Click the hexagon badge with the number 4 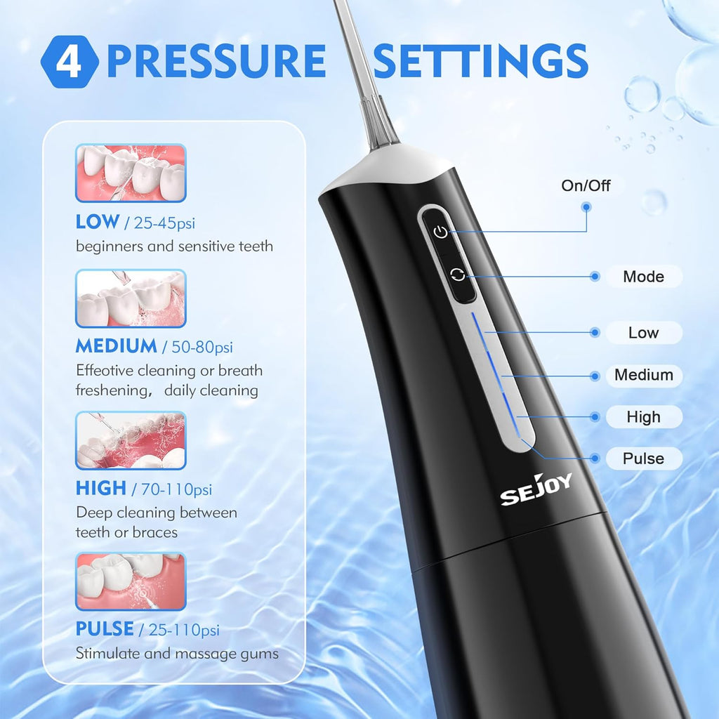click(70, 62)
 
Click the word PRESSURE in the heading click(216, 61)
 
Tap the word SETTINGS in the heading click(480, 61)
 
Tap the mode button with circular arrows click(458, 275)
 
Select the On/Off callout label click(586, 185)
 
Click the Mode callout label click(643, 277)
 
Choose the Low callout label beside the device click(643, 332)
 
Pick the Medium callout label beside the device click(643, 375)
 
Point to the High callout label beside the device click(643, 417)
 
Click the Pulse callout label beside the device click(643, 459)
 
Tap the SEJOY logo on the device click(536, 489)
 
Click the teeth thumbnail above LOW click(131, 173)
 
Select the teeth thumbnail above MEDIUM click(131, 298)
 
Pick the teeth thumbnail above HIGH click(131, 441)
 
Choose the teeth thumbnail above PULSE click(131, 581)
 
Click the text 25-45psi click(164, 223)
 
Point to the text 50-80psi click(202, 347)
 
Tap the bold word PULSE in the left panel click(105, 628)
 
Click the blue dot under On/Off click(586, 207)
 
